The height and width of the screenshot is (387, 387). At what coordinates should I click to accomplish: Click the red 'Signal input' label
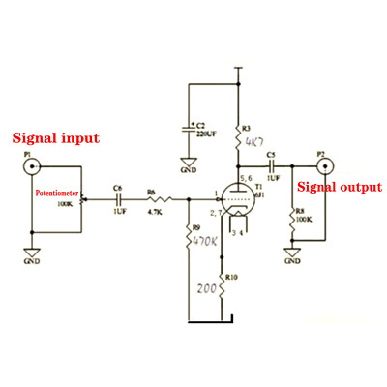point(55,138)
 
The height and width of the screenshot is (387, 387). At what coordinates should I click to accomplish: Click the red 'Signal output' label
point(338,186)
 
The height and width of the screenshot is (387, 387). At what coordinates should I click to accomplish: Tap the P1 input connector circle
point(32,168)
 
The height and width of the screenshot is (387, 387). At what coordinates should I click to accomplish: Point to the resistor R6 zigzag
point(156,200)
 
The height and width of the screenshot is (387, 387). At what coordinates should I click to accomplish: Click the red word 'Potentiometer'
point(62,193)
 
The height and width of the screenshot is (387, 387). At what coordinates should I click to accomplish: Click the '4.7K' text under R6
point(154,212)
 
